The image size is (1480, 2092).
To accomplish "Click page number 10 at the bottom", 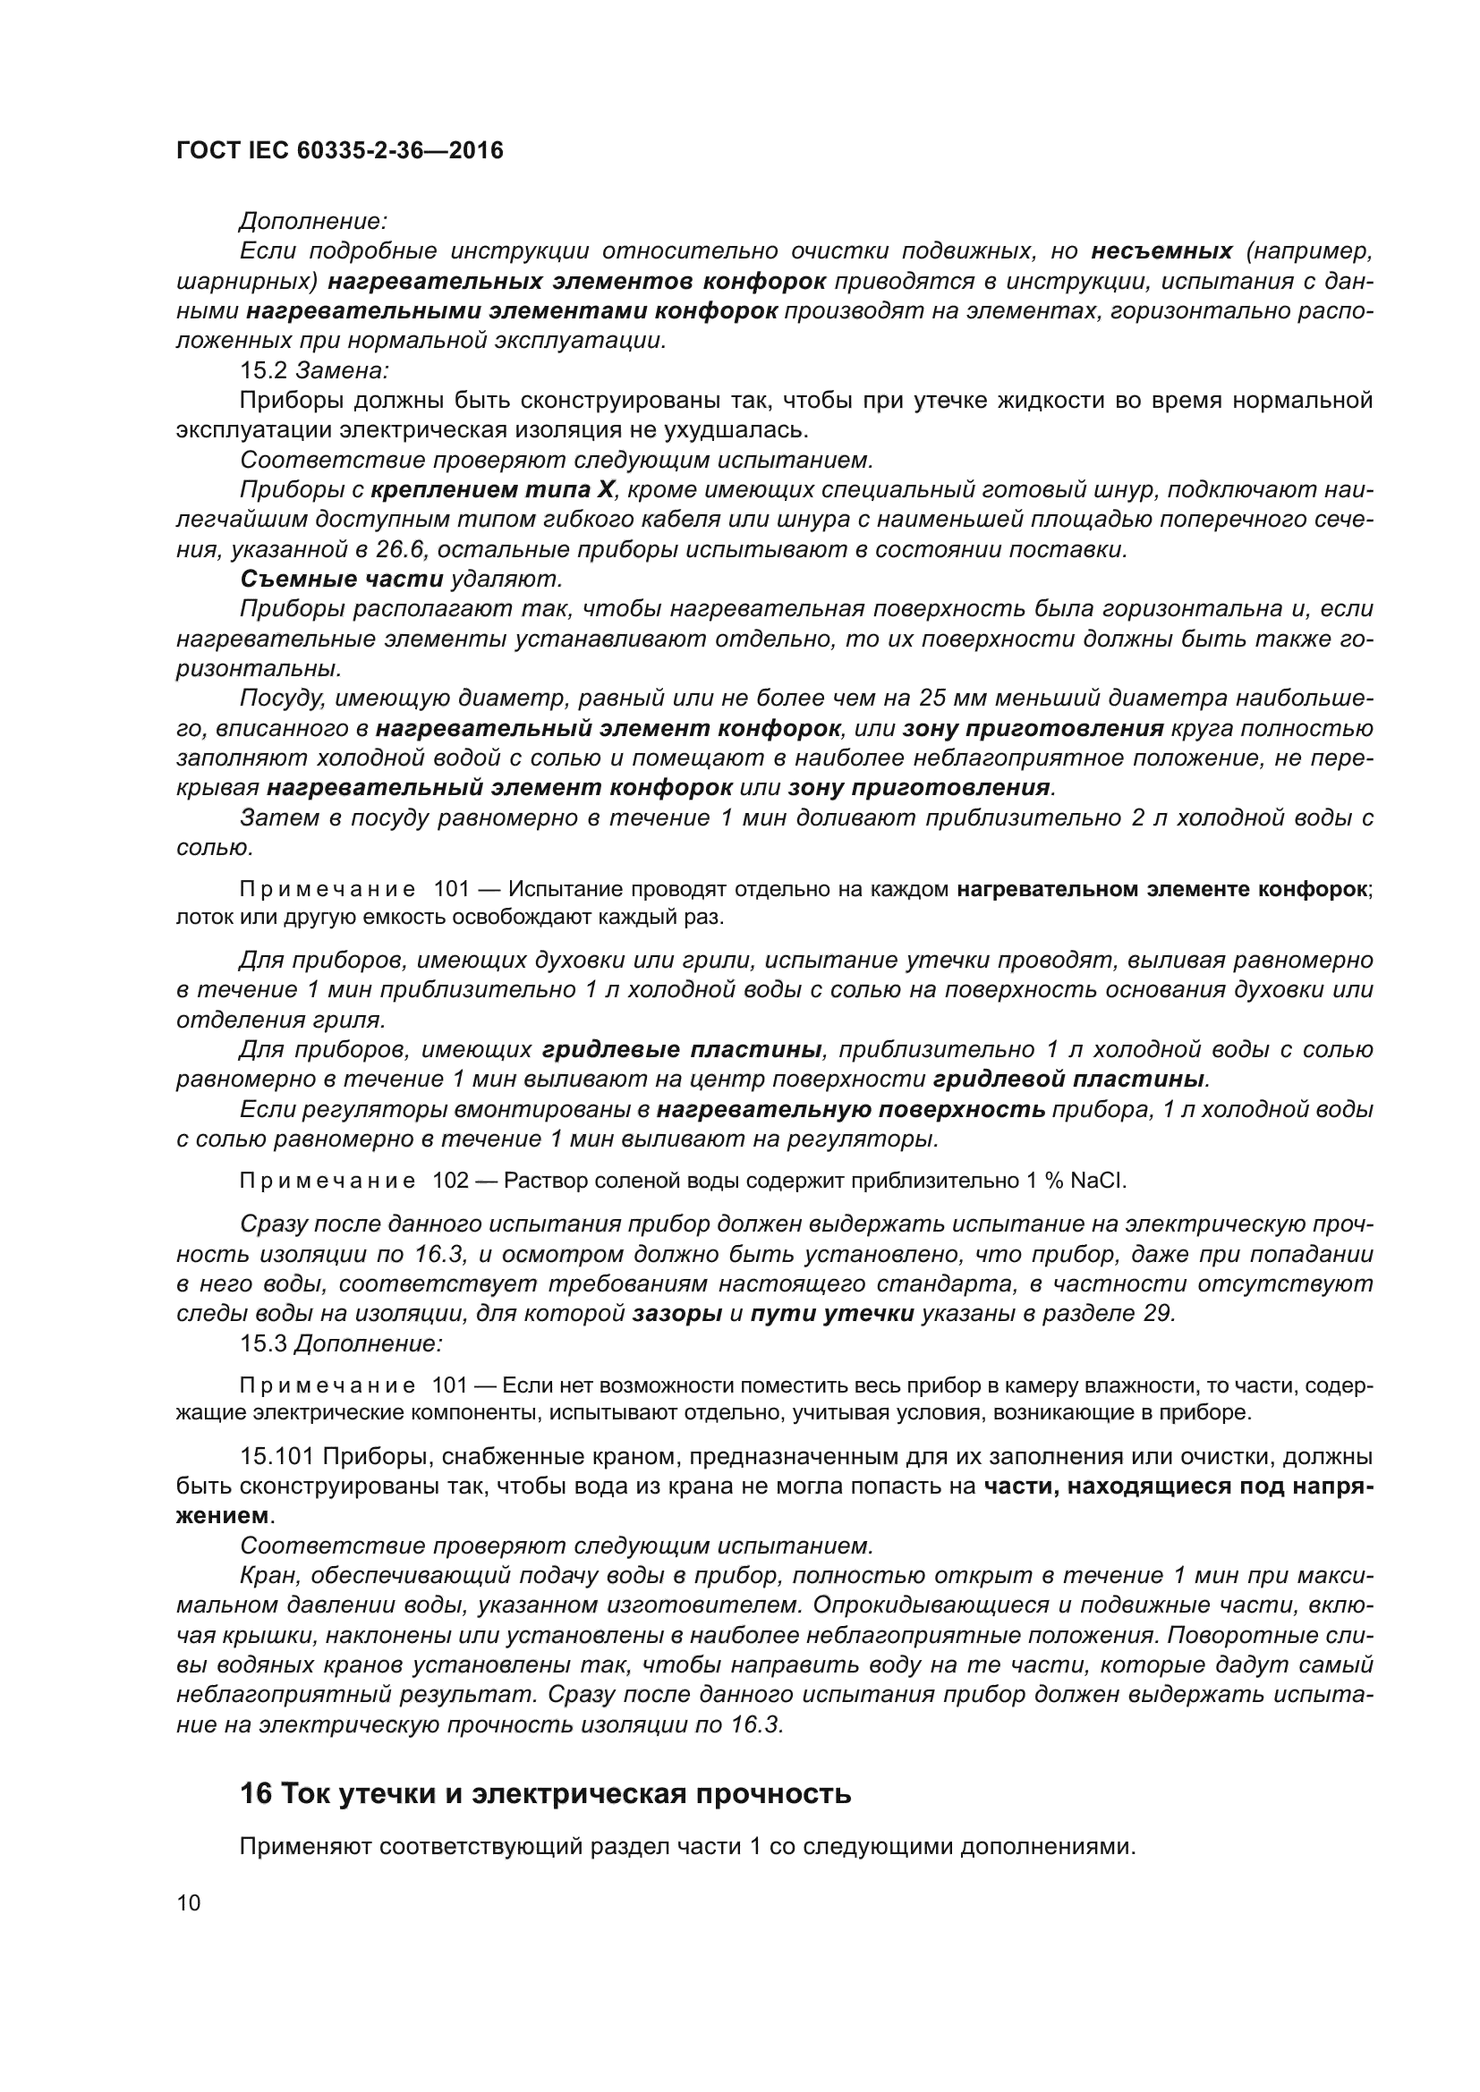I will (x=189, y=1902).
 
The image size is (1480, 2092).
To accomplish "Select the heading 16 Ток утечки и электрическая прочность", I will (x=545, y=1793).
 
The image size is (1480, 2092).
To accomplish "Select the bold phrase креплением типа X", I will (x=493, y=490).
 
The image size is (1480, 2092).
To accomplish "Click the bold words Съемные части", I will (x=342, y=580).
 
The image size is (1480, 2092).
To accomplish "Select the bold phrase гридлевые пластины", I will (x=682, y=1050).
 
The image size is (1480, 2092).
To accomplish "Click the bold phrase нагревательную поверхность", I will (x=850, y=1110).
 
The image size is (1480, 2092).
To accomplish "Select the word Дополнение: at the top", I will (x=313, y=222).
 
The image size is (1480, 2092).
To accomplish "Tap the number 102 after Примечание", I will (x=450, y=1181).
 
